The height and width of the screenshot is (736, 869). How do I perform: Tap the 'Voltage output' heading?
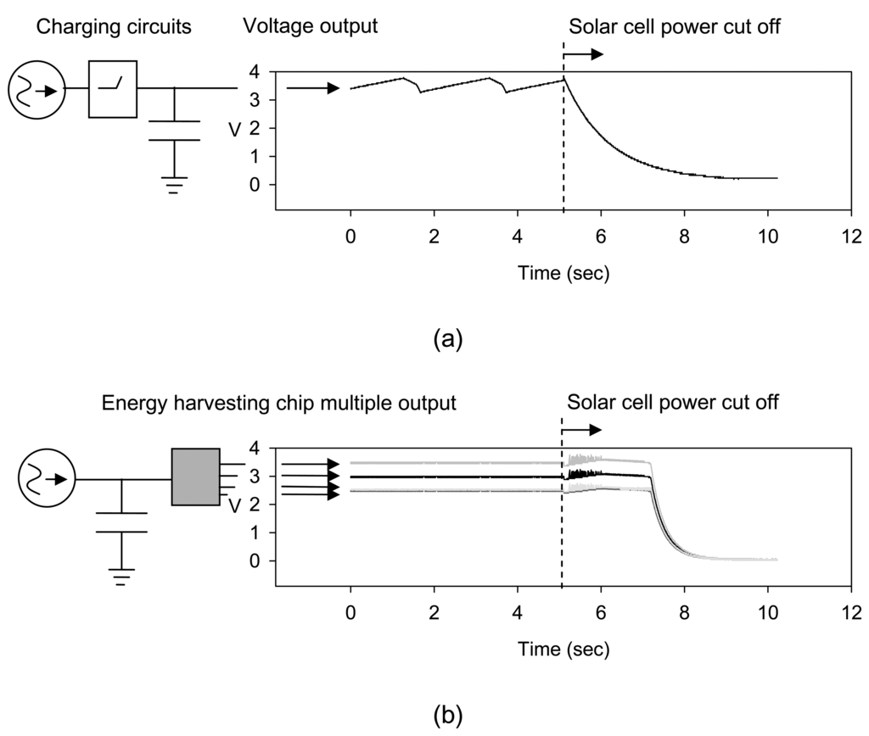310,27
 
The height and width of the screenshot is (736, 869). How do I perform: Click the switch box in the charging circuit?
113,88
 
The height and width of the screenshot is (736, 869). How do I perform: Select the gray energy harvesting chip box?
195,477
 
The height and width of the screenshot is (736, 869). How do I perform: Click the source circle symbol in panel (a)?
31,88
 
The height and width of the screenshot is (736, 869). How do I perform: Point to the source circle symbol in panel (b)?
42,479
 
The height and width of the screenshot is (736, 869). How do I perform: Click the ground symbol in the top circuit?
174,186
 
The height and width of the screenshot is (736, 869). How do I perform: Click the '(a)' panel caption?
447,340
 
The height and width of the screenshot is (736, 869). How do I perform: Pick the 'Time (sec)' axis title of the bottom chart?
563,650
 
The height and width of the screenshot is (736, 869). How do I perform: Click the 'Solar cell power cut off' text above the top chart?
674,27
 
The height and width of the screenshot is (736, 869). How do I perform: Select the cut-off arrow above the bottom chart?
584,431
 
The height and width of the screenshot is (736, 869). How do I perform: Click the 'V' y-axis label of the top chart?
233,129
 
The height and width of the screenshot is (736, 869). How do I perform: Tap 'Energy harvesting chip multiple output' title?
279,404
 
